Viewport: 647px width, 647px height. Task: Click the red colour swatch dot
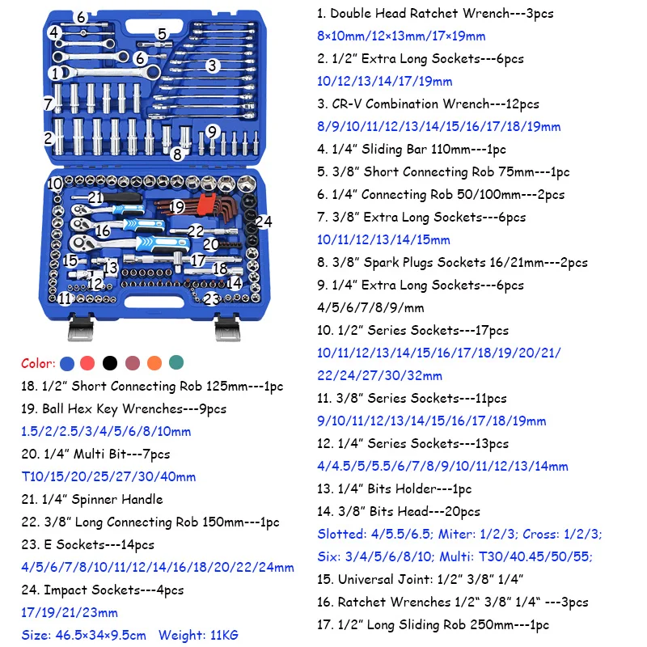[88, 363]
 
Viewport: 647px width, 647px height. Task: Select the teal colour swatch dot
[176, 363]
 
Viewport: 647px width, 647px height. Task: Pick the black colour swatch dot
[110, 363]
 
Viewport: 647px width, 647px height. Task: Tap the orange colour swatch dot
[154, 363]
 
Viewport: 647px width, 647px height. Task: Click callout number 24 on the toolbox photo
[264, 222]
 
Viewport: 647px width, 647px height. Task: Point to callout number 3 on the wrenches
[212, 66]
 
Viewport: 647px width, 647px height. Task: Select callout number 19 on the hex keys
[177, 207]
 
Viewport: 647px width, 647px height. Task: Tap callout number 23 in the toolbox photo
[211, 298]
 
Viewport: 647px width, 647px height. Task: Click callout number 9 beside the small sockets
[213, 131]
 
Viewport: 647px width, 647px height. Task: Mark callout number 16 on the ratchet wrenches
[103, 230]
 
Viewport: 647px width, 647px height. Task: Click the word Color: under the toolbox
[38, 363]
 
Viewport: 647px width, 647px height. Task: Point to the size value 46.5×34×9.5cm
[101, 635]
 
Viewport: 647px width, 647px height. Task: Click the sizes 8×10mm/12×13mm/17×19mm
[401, 36]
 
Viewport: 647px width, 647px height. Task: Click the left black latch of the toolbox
[79, 327]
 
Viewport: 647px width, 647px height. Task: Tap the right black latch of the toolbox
[230, 327]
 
